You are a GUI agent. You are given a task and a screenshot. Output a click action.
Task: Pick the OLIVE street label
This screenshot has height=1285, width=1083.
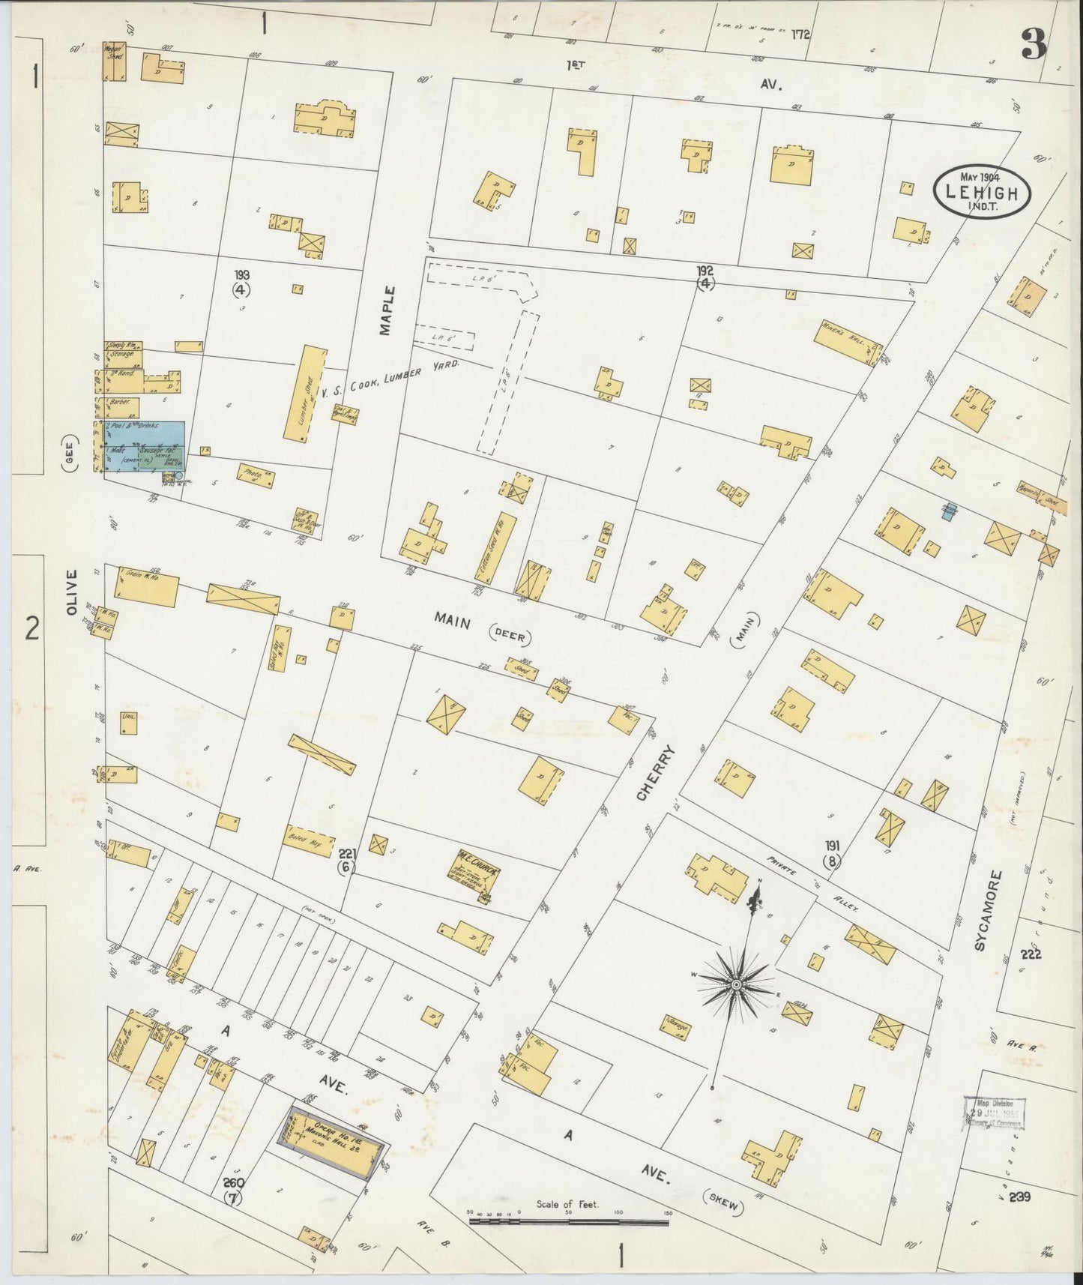click(72, 592)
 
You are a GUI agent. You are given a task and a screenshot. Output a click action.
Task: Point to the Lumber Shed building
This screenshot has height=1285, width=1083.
click(304, 394)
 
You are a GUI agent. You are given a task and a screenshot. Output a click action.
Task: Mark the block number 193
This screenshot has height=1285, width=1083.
click(241, 274)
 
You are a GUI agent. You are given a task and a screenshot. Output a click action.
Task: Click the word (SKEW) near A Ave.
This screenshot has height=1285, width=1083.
click(725, 1206)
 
